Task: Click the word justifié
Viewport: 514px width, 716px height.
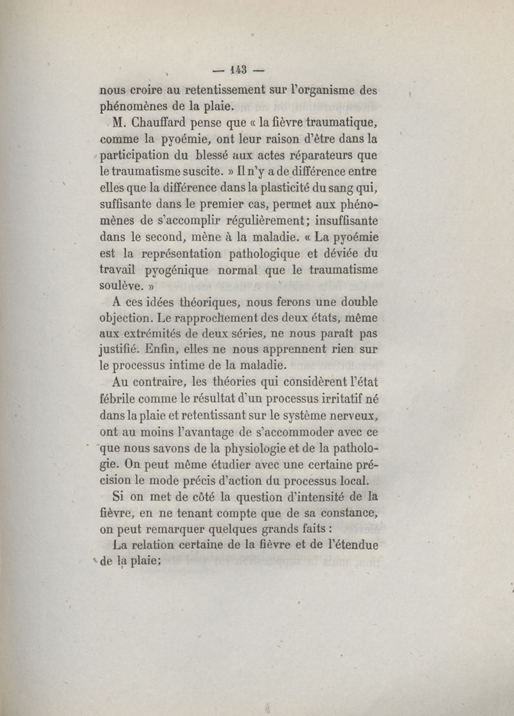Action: (x=122, y=350)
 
